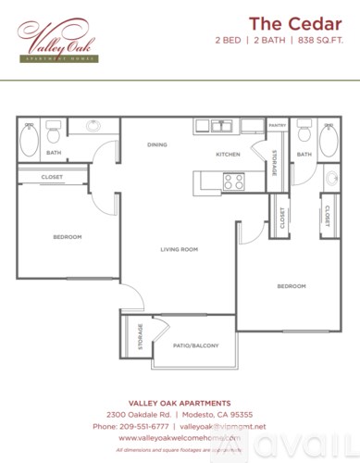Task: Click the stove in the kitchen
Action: click(x=233, y=181)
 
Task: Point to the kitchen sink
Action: click(x=220, y=127)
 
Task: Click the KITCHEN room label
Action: click(x=228, y=154)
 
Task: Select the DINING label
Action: click(x=156, y=145)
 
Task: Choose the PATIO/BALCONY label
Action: click(x=195, y=345)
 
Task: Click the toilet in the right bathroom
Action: click(x=304, y=134)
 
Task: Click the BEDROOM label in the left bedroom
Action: click(x=67, y=237)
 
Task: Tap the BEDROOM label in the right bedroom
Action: click(x=292, y=286)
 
